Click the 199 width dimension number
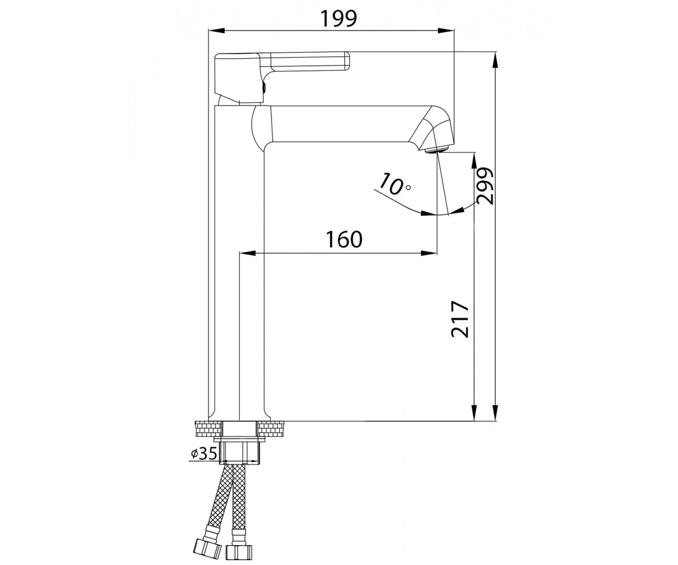[338, 19]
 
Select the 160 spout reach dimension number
[344, 239]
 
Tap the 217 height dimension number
[460, 319]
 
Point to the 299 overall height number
[485, 186]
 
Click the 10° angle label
[394, 184]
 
